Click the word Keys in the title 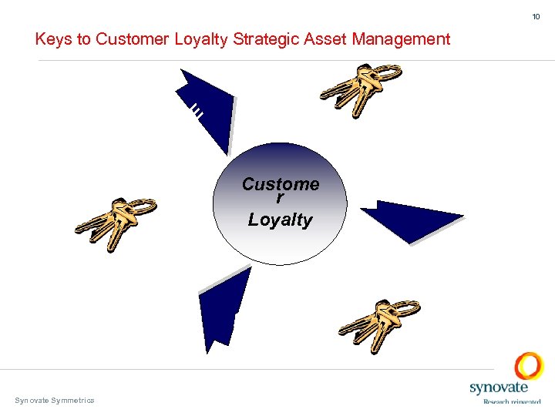tap(52, 39)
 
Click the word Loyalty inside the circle tap(280, 220)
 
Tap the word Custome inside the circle tap(280, 184)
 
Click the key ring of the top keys tap(387, 73)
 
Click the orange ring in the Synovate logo tap(529, 365)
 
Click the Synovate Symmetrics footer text tap(55, 400)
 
